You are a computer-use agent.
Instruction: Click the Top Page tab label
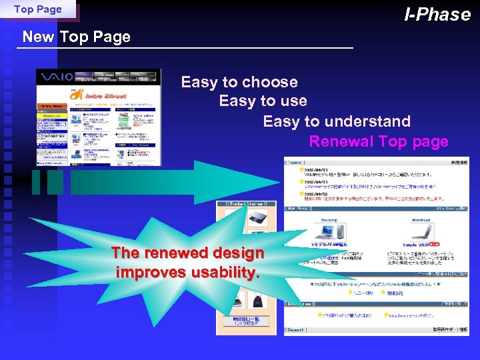[x=37, y=9]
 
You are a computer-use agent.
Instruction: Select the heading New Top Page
[x=76, y=37]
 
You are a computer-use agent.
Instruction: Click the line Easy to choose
[x=239, y=82]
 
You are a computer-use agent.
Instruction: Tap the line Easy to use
[x=263, y=101]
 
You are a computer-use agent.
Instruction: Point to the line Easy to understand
[x=336, y=121]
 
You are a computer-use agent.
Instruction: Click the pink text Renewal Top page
[x=378, y=141]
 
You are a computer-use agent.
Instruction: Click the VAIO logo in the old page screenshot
[x=55, y=77]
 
